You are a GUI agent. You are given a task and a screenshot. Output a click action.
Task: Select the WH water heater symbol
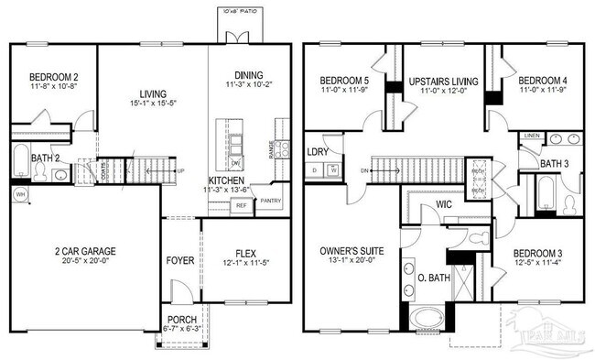pyautogui.click(x=19, y=195)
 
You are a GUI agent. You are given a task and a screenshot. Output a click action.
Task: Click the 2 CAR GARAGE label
pyautogui.click(x=84, y=250)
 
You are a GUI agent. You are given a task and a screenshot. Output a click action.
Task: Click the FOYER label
pyautogui.click(x=180, y=260)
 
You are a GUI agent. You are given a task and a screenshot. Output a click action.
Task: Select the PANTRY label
pyautogui.click(x=271, y=200)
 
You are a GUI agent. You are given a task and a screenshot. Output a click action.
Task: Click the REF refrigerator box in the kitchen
pyautogui.click(x=242, y=206)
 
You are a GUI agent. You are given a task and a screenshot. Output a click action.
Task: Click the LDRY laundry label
pyautogui.click(x=318, y=150)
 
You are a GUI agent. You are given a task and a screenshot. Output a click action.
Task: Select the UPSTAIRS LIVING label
pyautogui.click(x=444, y=81)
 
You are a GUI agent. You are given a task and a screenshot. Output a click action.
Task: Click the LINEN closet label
pyautogui.click(x=532, y=136)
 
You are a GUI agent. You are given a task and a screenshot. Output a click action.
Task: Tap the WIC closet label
pyautogui.click(x=445, y=203)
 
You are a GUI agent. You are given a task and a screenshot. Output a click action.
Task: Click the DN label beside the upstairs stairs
pyautogui.click(x=363, y=170)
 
